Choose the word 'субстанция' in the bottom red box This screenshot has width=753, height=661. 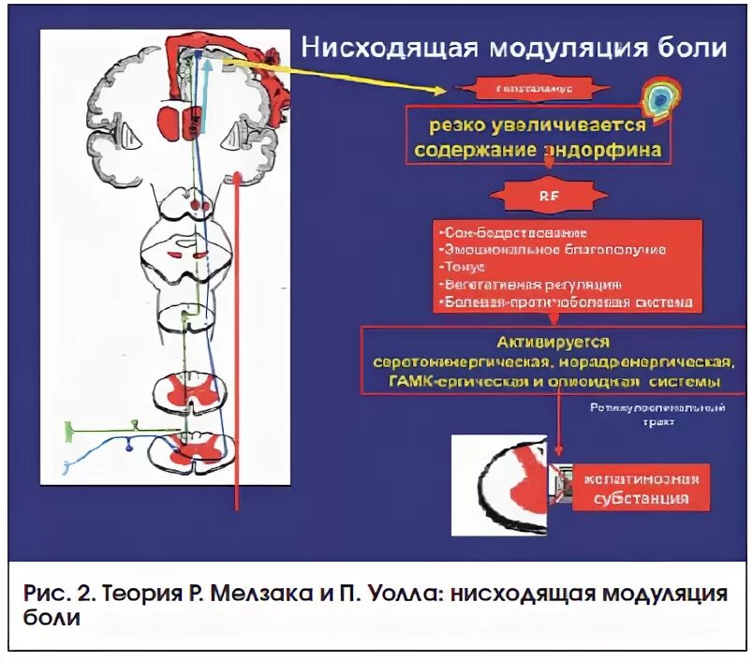(642, 497)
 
